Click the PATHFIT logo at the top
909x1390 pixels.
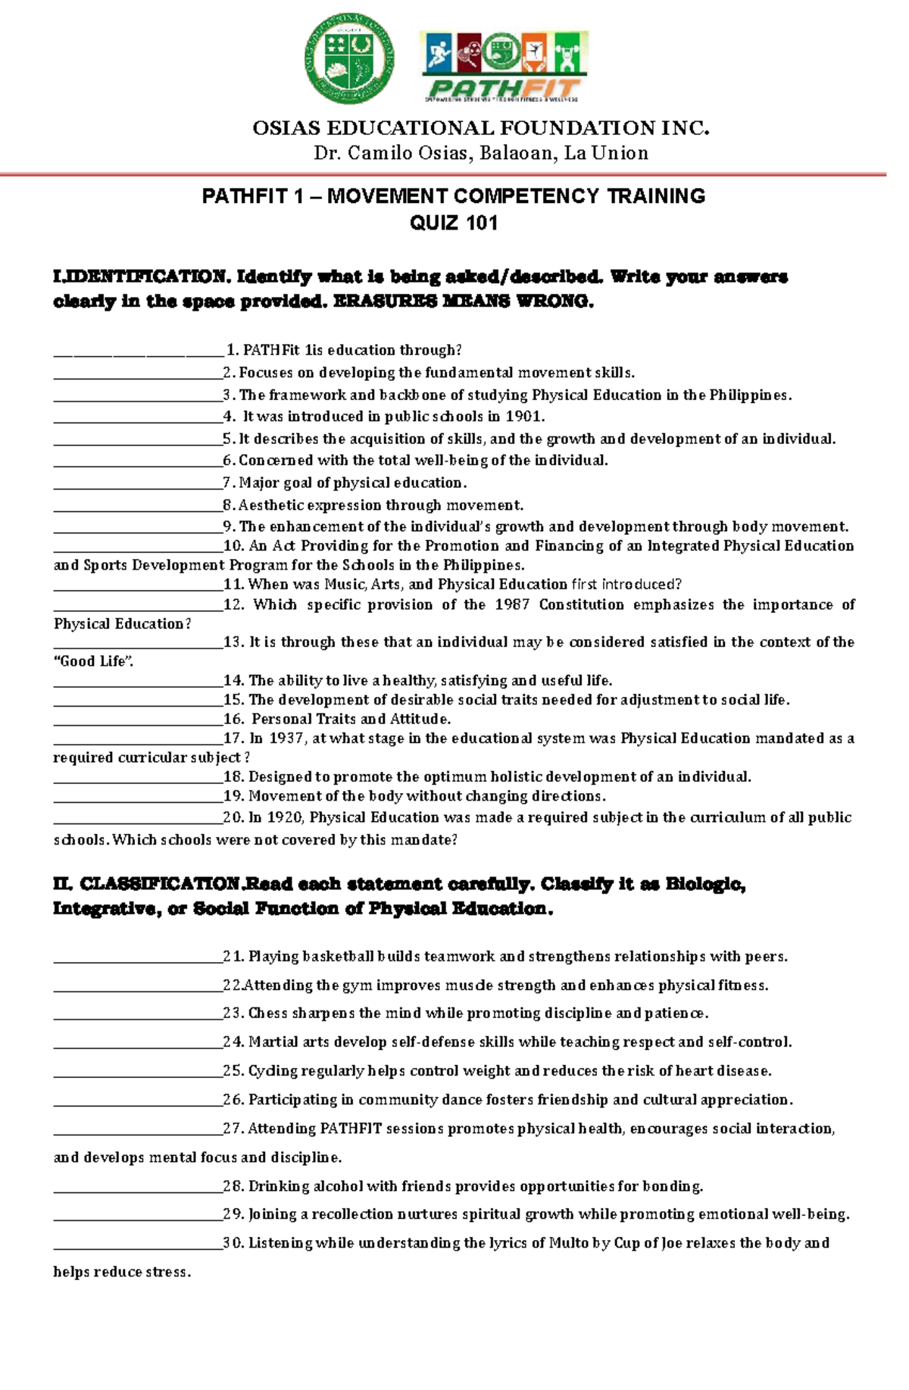(x=504, y=67)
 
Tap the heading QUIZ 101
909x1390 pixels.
(x=453, y=223)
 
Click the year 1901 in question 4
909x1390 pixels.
(x=525, y=417)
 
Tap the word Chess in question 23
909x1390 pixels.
(x=267, y=1014)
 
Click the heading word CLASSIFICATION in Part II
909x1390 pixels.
(x=160, y=884)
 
